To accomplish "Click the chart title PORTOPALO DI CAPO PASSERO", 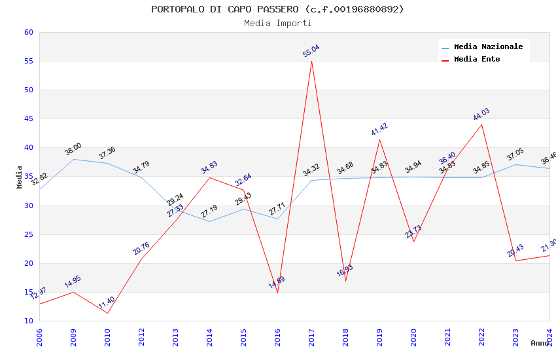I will [x=277, y=9].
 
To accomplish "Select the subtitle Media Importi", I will [x=277, y=23].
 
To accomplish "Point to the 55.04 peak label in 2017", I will [x=311, y=51].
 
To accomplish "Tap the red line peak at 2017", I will [x=311, y=61].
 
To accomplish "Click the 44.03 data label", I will [x=481, y=115].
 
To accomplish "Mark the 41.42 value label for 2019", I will [x=379, y=129].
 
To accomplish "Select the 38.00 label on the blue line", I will [x=73, y=149].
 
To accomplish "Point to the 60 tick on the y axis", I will [x=27, y=32].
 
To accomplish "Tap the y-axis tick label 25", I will [x=27, y=234].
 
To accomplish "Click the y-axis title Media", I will [x=20, y=177].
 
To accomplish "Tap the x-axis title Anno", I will [x=540, y=343].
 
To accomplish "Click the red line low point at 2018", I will [x=345, y=281].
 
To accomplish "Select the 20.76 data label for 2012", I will [x=141, y=249].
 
